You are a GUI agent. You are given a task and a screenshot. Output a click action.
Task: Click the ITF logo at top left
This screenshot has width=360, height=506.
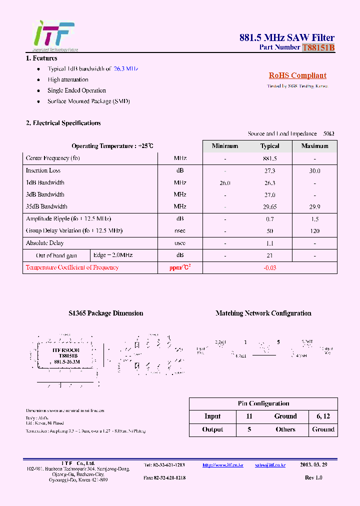(53, 34)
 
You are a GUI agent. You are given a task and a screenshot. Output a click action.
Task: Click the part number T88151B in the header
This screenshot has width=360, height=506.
(318, 47)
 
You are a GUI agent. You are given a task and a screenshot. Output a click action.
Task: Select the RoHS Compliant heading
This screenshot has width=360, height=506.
(297, 75)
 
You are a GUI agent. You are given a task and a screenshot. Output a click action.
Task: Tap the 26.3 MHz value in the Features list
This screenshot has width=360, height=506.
(125, 68)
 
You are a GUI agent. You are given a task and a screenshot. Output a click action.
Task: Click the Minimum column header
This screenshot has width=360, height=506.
(225, 146)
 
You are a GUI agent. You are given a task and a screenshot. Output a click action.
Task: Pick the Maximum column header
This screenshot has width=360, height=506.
(314, 146)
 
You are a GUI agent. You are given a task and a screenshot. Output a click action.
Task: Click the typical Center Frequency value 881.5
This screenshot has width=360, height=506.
(269, 158)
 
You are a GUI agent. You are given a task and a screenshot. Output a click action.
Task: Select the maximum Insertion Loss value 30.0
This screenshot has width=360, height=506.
(314, 170)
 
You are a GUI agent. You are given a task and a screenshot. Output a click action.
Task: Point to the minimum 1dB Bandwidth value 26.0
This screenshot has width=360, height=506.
(225, 183)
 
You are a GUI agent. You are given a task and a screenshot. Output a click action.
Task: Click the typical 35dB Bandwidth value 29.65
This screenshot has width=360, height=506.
(269, 206)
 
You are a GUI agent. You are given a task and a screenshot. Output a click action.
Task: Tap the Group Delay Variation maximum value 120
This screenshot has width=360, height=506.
(314, 231)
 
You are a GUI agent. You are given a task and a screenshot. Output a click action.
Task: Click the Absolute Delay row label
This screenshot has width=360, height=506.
(45, 243)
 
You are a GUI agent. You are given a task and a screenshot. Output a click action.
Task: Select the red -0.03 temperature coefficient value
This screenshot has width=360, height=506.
(269, 267)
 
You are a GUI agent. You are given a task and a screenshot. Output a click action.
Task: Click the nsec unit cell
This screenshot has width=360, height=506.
(180, 231)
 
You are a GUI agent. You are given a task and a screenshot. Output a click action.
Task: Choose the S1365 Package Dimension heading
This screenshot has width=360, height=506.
(105, 313)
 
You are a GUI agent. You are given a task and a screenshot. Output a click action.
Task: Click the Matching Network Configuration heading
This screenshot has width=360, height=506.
(263, 313)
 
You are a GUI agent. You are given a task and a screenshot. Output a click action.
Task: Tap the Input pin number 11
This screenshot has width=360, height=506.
(249, 416)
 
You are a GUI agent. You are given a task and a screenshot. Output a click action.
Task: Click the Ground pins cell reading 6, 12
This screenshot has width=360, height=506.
(323, 416)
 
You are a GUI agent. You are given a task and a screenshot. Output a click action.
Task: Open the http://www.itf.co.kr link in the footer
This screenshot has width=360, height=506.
(222, 465)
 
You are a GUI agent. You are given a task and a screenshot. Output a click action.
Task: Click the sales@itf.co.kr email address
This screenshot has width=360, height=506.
(270, 465)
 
